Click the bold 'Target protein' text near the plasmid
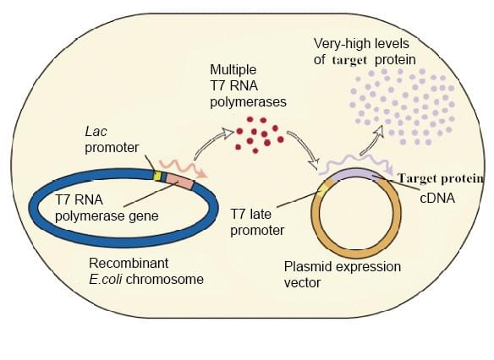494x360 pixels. [441, 178]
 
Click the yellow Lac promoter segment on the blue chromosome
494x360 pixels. [156, 177]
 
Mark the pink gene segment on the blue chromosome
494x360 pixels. [178, 180]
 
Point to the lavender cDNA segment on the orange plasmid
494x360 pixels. [360, 175]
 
